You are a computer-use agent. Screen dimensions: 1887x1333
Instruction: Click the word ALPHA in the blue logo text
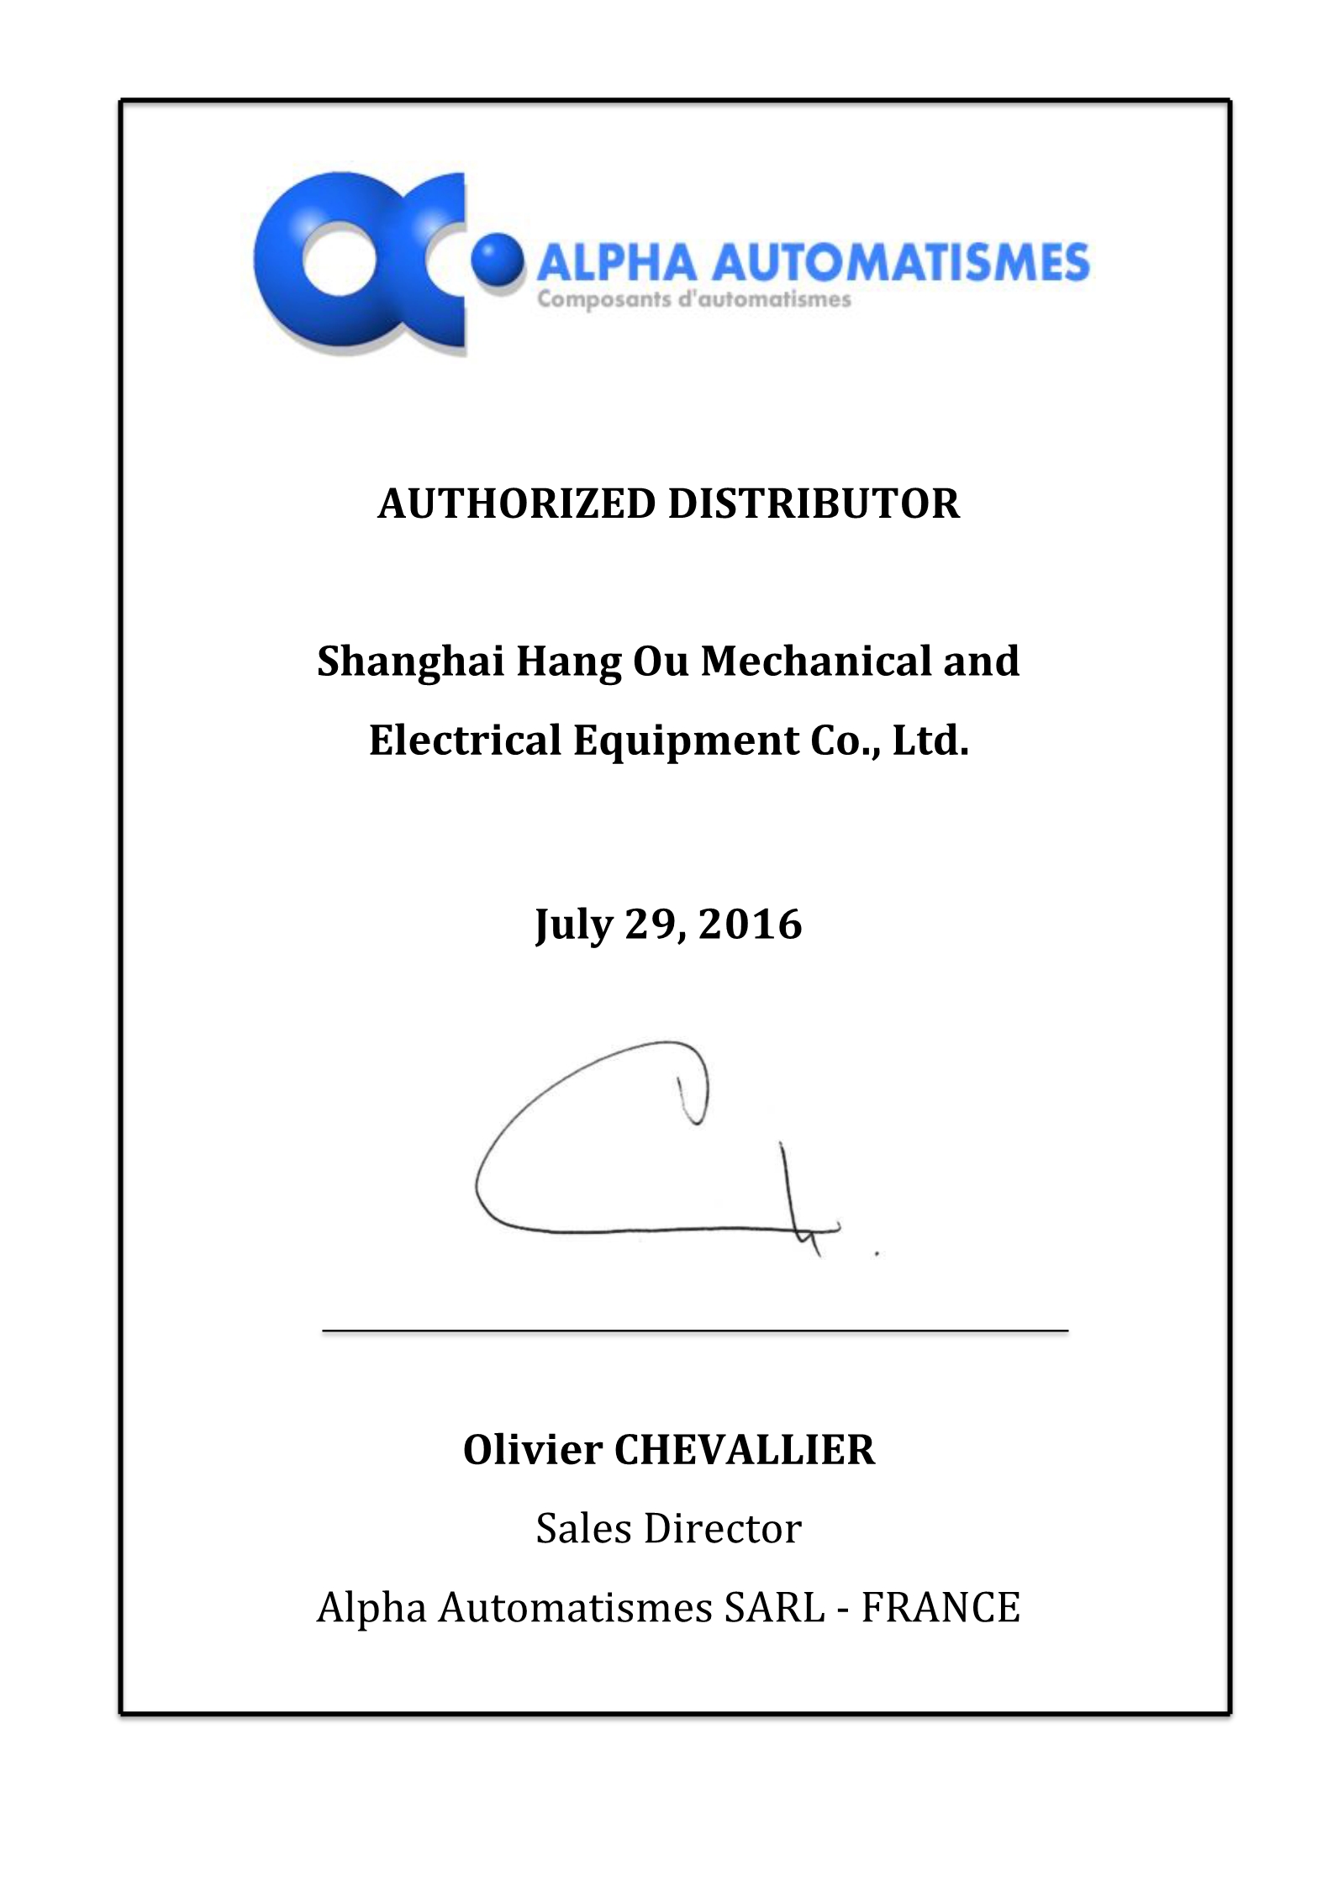click(617, 262)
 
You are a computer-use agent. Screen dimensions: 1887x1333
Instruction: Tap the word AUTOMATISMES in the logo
click(900, 262)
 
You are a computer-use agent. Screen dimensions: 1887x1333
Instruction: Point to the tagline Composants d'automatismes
click(694, 299)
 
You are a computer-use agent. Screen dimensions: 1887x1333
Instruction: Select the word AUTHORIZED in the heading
click(516, 504)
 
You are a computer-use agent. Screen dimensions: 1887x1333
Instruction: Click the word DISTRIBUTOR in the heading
click(814, 504)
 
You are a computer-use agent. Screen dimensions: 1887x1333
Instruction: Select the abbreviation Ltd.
click(930, 741)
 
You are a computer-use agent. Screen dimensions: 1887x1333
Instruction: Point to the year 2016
click(751, 925)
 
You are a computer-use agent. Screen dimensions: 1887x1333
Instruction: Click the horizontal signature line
click(695, 1331)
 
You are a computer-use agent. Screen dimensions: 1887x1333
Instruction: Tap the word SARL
click(774, 1607)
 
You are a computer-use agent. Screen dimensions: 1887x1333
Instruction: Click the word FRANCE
click(940, 1607)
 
